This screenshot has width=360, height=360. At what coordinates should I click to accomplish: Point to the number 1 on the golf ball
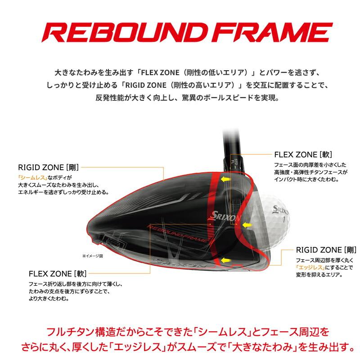tap(284, 220)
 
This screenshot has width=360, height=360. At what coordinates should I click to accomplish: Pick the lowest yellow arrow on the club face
tap(227, 260)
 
